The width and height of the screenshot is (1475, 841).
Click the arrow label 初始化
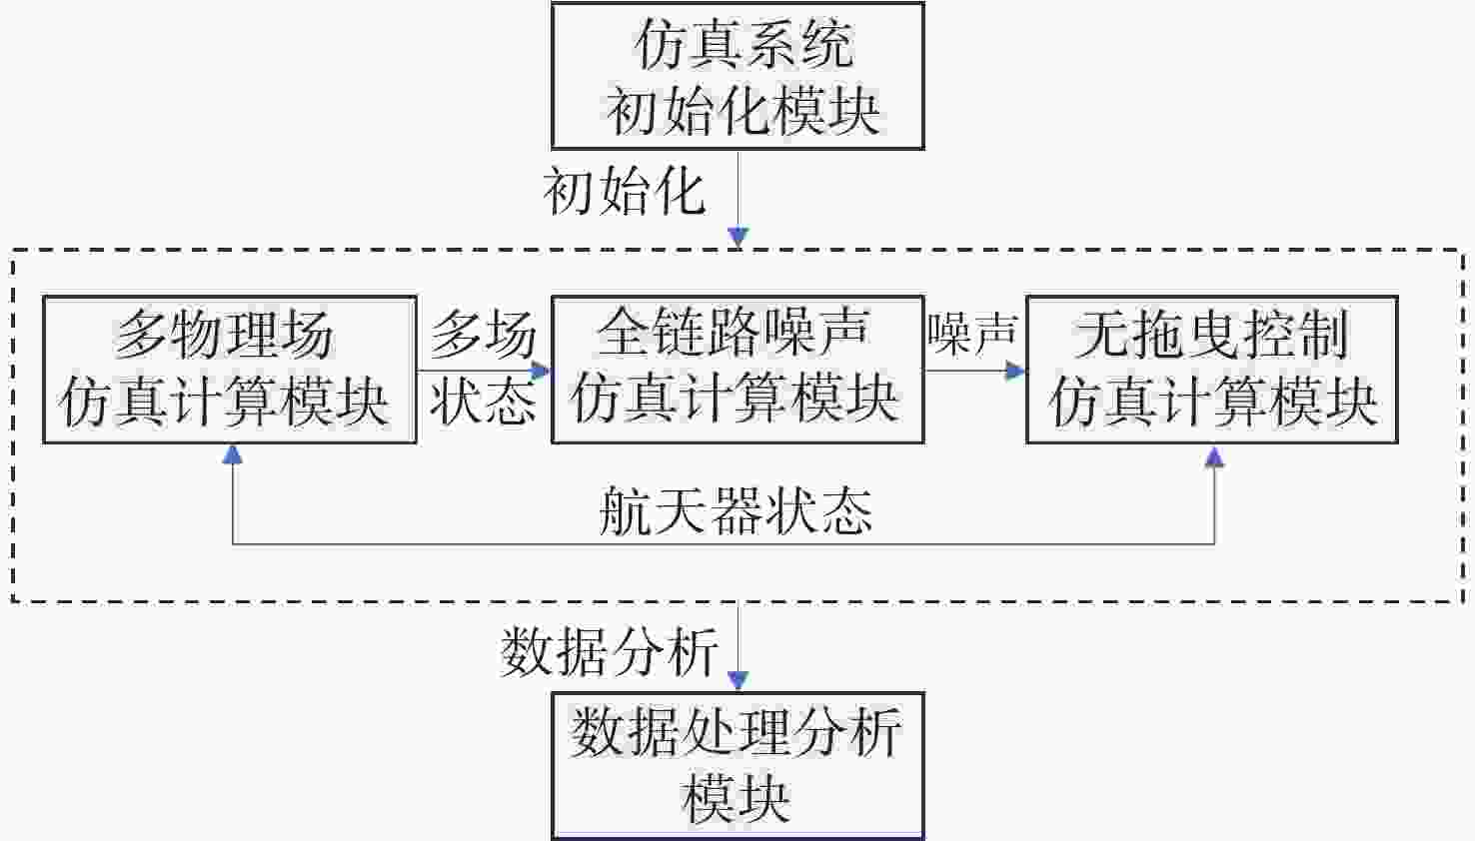click(625, 192)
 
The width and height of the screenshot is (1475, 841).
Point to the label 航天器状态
click(737, 511)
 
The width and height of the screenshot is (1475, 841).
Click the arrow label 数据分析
click(609, 651)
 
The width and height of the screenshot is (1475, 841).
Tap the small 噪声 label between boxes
click(973, 333)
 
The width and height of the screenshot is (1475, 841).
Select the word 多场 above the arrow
click(484, 335)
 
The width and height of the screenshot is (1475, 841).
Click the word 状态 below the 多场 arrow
click(484, 400)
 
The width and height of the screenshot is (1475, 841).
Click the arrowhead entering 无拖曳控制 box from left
click(1015, 372)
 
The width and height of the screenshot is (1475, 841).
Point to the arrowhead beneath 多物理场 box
click(233, 454)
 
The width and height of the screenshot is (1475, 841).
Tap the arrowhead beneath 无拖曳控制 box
click(1214, 456)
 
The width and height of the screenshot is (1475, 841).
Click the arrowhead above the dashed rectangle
click(738, 238)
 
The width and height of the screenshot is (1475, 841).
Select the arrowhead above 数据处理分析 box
click(738, 681)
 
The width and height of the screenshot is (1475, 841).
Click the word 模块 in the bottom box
click(737, 799)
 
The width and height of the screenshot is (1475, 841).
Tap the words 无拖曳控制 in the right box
click(1212, 335)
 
